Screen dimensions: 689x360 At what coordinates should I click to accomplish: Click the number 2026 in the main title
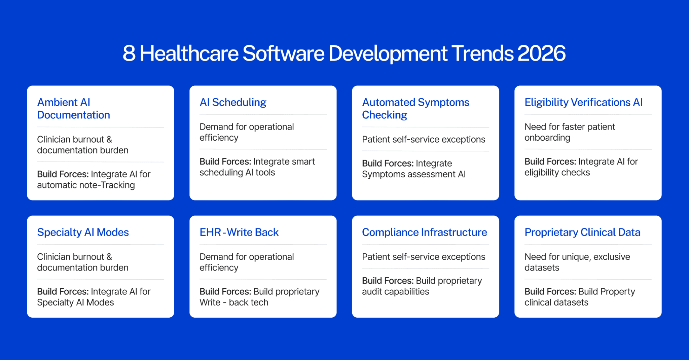point(541,53)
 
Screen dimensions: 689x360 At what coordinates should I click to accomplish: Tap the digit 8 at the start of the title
point(129,53)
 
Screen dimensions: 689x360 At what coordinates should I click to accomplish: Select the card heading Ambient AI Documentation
point(74,108)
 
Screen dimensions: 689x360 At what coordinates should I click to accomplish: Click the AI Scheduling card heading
point(233,102)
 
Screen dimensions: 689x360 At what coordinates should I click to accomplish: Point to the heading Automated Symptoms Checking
point(415,108)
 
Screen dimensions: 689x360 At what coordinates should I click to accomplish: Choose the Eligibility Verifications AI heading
point(584,102)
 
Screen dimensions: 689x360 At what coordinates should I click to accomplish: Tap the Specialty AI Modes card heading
point(83,232)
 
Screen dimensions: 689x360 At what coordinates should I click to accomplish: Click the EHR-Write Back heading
point(239,232)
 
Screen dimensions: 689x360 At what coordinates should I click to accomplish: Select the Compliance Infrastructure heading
point(425,232)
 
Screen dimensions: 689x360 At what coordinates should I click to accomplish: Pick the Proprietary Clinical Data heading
point(582,232)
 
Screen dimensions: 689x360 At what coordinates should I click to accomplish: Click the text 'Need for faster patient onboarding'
point(570,132)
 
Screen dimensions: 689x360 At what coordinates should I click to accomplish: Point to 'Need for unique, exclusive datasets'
point(577,262)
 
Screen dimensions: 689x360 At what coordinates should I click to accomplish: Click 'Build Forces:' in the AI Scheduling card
point(225,161)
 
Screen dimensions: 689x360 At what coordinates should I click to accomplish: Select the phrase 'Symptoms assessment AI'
point(414,174)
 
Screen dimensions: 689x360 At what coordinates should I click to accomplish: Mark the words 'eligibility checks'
point(557,172)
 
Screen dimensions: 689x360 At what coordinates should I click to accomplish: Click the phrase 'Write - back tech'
point(234,302)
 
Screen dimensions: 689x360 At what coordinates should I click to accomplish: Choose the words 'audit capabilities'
point(396,292)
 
